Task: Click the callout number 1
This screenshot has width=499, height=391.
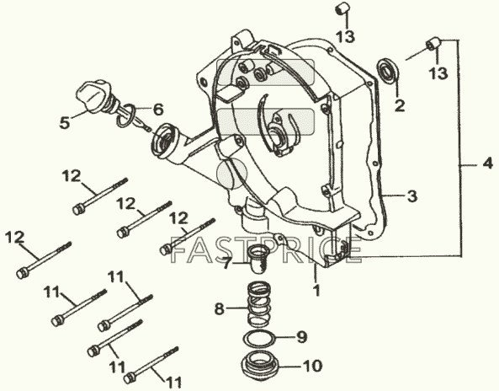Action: [x=316, y=290]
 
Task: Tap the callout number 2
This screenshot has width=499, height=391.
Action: [x=400, y=105]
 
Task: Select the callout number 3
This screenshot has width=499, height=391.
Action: [x=412, y=196]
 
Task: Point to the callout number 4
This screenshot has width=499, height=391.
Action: [x=487, y=163]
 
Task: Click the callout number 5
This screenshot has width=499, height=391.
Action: [x=65, y=123]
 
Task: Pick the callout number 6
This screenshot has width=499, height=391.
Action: [x=158, y=110]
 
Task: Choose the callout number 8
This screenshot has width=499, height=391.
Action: [x=219, y=308]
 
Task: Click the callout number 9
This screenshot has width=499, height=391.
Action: [x=302, y=337]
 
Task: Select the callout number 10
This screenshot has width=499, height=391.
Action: [x=312, y=367]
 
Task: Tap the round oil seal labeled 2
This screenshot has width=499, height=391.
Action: [x=387, y=71]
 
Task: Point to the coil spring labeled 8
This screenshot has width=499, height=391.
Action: [x=259, y=303]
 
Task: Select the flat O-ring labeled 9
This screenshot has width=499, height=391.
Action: [x=259, y=338]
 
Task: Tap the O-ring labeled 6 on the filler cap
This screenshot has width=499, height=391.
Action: [x=127, y=115]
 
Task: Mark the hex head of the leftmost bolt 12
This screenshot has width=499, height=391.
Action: [x=22, y=273]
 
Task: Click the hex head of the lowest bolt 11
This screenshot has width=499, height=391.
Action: [x=130, y=378]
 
